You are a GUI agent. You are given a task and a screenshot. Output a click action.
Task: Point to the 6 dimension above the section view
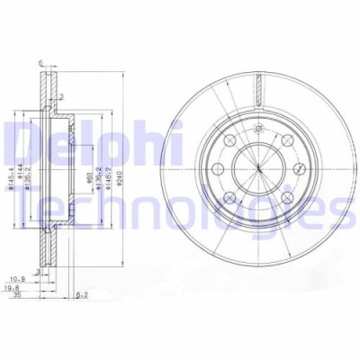[x=41, y=62]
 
